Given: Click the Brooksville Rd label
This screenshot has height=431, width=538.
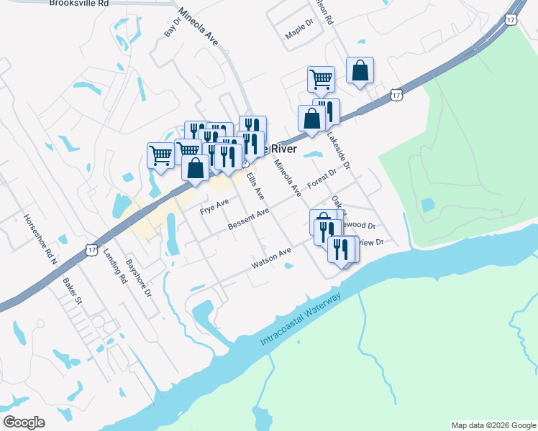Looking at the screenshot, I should [x=79, y=4].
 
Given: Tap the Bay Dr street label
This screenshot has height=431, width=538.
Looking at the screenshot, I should [x=172, y=27].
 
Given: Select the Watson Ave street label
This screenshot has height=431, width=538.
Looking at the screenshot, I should [x=270, y=259].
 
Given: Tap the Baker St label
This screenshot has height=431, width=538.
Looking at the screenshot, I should [x=73, y=290].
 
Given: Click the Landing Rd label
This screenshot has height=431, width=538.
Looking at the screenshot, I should [x=114, y=265].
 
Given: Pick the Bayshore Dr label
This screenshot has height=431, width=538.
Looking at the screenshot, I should [x=139, y=279].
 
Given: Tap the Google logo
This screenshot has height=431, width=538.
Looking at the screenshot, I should [x=24, y=422].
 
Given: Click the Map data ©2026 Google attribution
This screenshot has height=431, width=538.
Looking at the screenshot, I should [x=493, y=425].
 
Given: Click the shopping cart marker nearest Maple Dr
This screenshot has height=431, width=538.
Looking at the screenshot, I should [x=321, y=78].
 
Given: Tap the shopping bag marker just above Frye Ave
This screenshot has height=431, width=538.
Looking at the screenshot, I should [x=195, y=168].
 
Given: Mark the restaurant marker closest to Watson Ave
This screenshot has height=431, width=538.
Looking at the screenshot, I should [x=339, y=249].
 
